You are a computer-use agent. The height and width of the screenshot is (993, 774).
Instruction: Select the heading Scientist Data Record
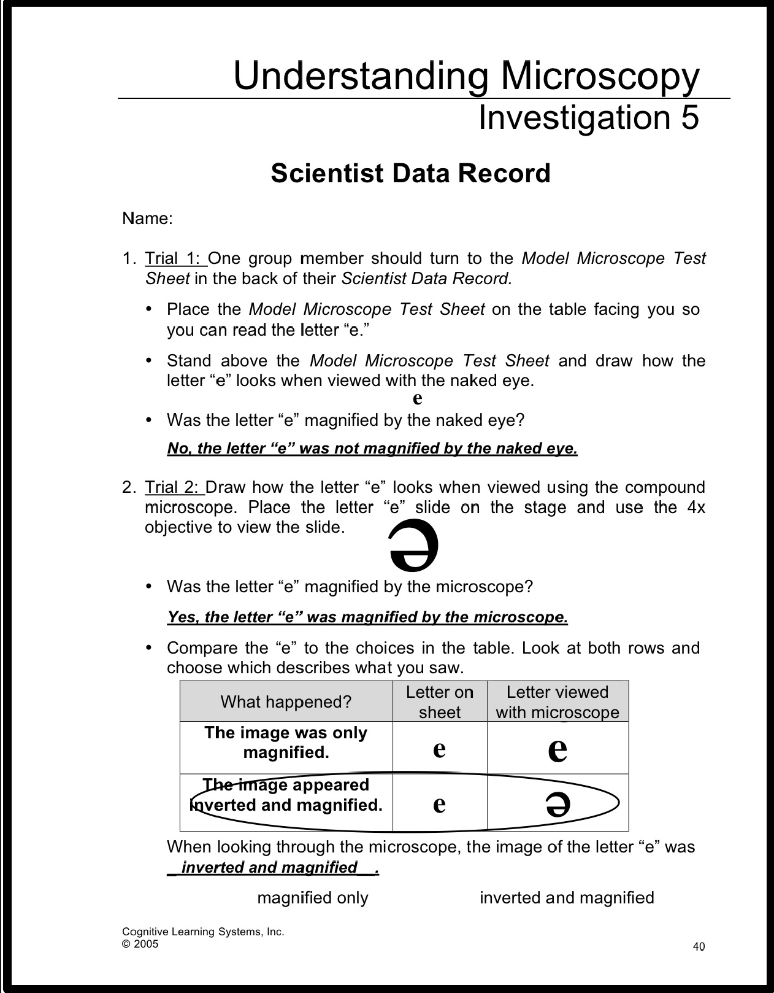(410, 174)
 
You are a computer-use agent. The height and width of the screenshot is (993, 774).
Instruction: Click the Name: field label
(147, 218)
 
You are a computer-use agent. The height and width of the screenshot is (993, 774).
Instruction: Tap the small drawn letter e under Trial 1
(417, 398)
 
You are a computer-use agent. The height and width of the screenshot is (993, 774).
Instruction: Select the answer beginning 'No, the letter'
(372, 449)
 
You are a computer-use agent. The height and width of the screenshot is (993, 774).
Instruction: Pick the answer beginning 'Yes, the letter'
(367, 617)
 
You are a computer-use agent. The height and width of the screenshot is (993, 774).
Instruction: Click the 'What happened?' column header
(286, 701)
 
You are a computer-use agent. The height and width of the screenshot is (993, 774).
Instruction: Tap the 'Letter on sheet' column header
(439, 701)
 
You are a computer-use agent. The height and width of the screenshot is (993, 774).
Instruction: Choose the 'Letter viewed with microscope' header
(558, 701)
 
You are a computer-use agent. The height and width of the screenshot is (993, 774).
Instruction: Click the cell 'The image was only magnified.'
(286, 742)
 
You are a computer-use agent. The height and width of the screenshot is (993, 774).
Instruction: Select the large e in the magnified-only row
(558, 749)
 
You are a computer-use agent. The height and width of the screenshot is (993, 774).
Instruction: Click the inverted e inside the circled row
(558, 803)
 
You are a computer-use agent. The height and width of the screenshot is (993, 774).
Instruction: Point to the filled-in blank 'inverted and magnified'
(270, 867)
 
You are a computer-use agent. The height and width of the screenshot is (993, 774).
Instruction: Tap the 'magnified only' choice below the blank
(313, 898)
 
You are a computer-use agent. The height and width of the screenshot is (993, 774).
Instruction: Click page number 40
(699, 946)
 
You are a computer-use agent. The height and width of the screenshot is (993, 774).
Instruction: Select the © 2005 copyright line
(140, 944)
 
